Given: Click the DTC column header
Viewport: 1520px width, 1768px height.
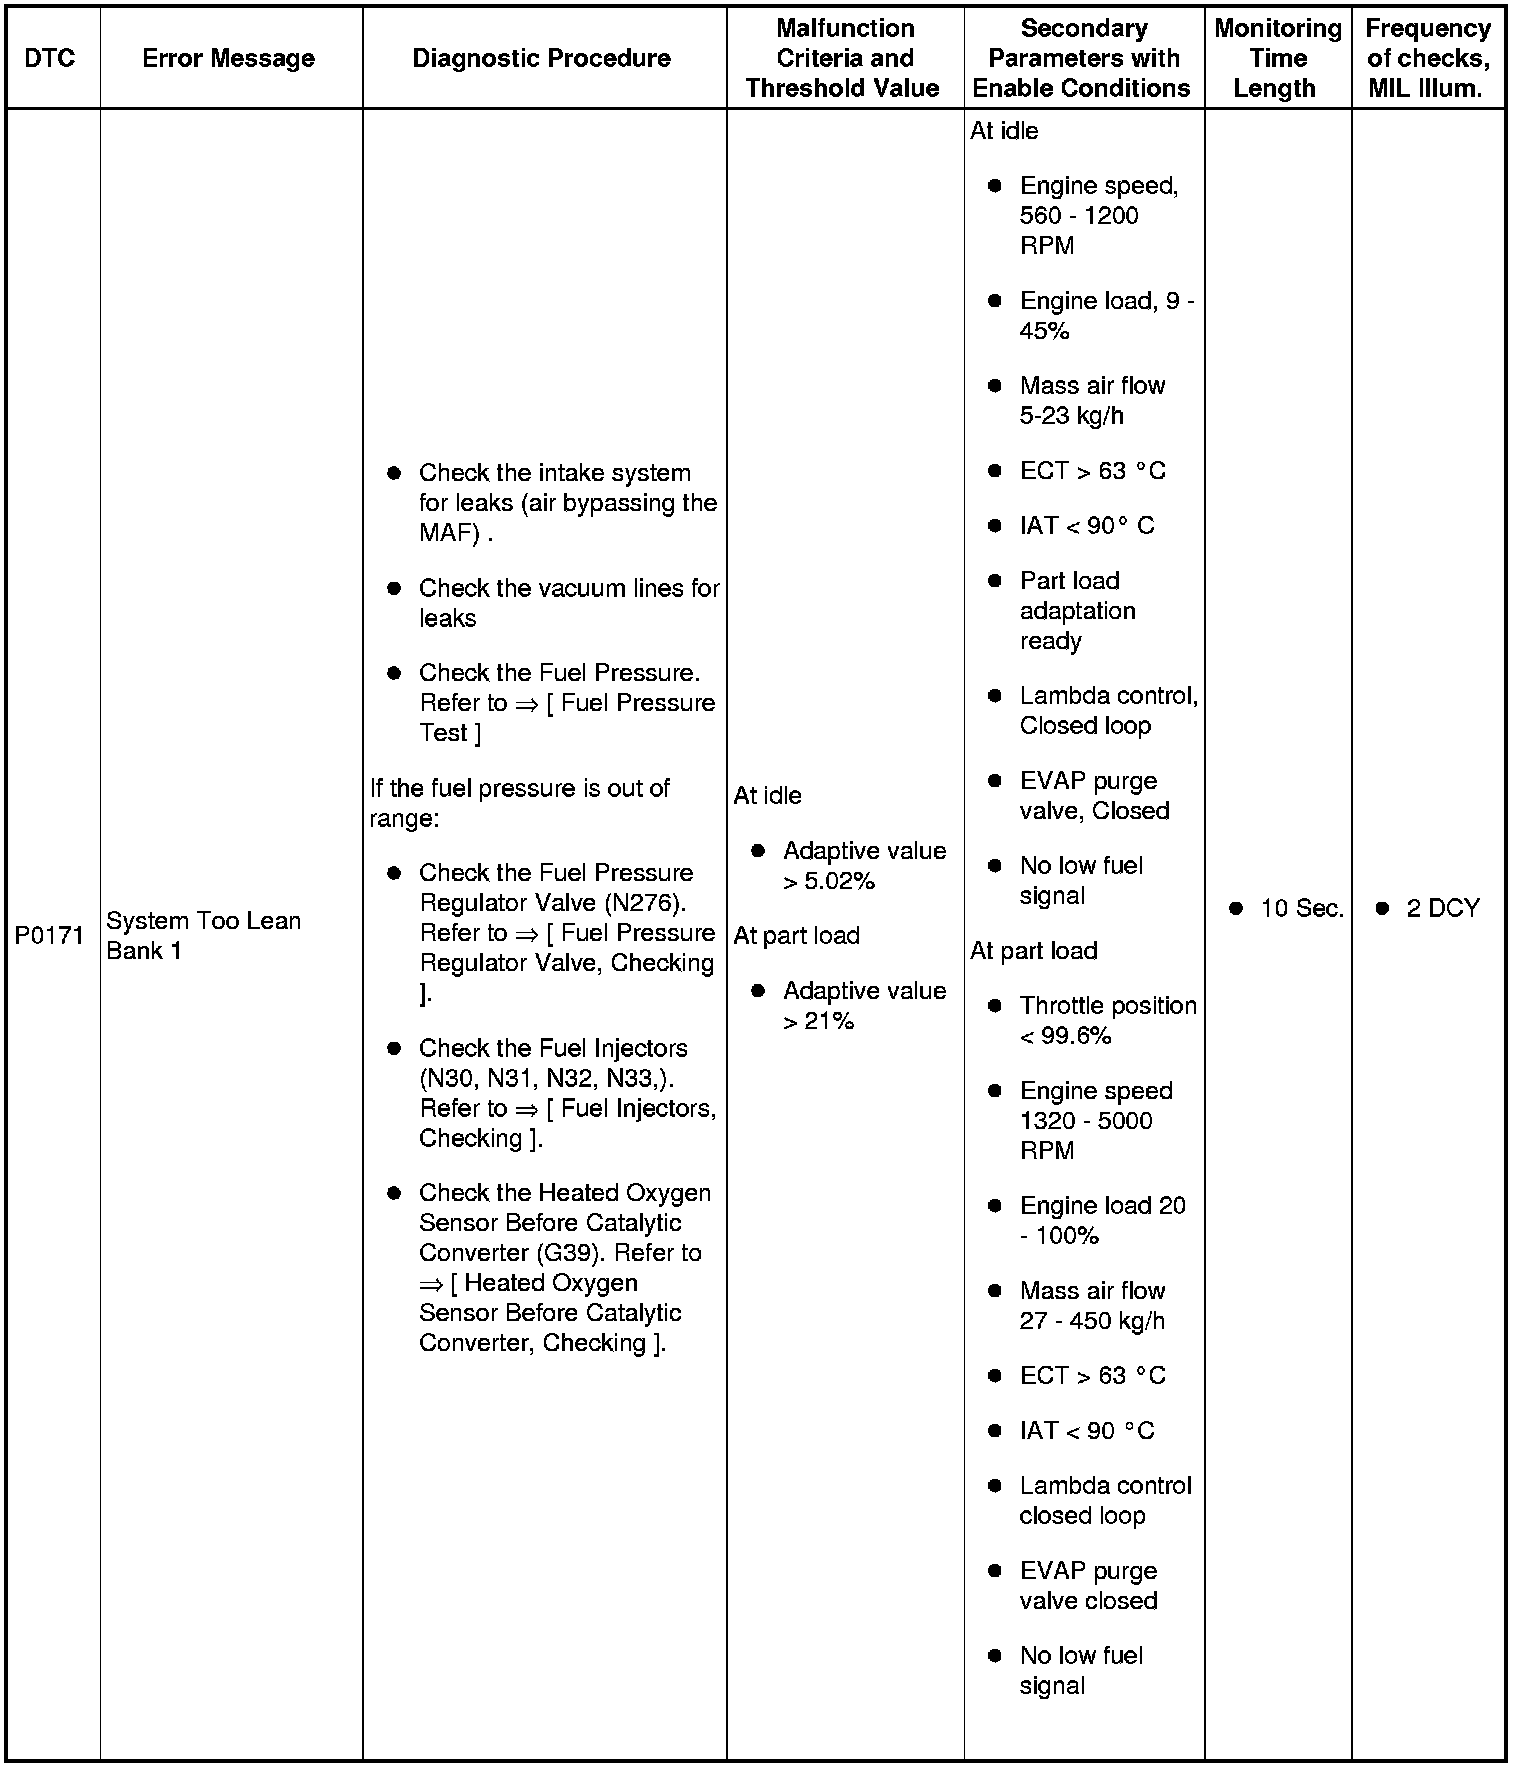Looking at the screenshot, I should click(x=49, y=58).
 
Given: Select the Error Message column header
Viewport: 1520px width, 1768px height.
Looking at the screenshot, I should click(x=228, y=58).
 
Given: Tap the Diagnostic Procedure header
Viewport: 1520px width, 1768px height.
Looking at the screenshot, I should click(x=541, y=58).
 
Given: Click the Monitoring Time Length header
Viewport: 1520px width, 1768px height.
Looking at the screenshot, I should click(x=1277, y=58).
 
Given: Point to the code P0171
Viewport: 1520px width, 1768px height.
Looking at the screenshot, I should click(x=49, y=936).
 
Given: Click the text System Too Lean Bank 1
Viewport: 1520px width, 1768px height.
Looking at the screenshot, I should click(x=203, y=935).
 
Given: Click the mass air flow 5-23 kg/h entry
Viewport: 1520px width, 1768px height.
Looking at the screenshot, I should click(x=1091, y=400).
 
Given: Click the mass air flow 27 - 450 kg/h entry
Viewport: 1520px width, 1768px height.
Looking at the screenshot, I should click(x=1091, y=1305).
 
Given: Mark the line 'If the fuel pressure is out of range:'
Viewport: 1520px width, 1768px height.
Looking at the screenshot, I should click(x=519, y=803).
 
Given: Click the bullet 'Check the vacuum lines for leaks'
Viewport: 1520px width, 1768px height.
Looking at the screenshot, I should click(x=568, y=603).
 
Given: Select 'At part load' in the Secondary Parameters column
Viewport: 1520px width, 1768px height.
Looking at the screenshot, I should click(x=1034, y=950).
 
